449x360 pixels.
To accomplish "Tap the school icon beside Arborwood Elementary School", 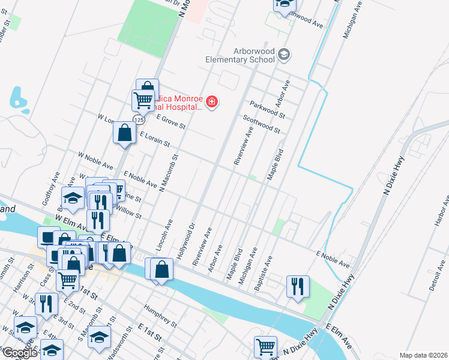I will pyautogui.click(x=284, y=55).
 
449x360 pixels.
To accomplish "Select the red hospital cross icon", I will pyautogui.click(x=211, y=103).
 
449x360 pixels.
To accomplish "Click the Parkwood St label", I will pyautogui.click(x=267, y=108).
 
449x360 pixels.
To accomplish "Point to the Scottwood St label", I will pyautogui.click(x=261, y=125).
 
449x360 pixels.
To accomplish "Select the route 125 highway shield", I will pyautogui.click(x=139, y=120).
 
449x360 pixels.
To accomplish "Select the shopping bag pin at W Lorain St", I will pyautogui.click(x=124, y=133).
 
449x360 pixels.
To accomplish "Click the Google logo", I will pyautogui.click(x=19, y=353).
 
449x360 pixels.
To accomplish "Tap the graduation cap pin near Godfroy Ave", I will pyautogui.click(x=73, y=198).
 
